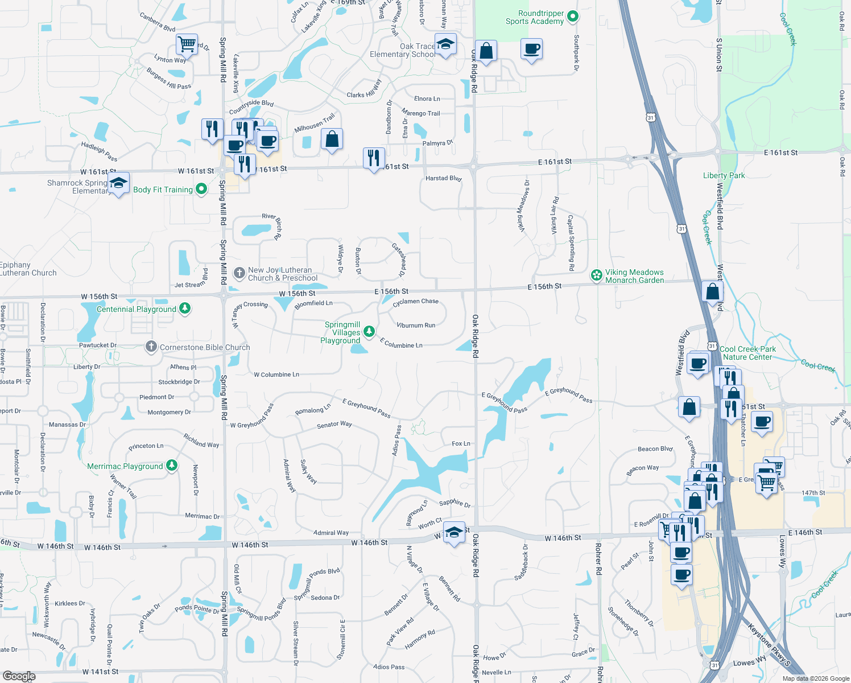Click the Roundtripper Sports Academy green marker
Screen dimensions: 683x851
tap(573, 17)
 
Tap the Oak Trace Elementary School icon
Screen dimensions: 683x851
tap(445, 44)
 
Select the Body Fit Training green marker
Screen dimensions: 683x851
tap(201, 189)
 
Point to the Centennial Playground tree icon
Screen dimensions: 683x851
tap(184, 308)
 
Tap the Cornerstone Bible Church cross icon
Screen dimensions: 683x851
tap(151, 346)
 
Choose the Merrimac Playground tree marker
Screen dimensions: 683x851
tap(171, 466)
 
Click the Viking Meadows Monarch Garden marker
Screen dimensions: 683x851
tap(596, 275)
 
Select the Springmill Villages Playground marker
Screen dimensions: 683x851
tap(369, 331)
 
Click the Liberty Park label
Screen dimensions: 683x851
tap(724, 175)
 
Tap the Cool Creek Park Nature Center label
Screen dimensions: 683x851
tap(747, 353)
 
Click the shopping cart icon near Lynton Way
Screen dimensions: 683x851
tap(187, 43)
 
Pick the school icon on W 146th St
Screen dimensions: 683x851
tap(454, 532)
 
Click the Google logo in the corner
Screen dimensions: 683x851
tap(19, 676)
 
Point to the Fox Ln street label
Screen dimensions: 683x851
tap(461, 443)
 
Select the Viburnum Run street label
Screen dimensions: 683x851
tap(415, 326)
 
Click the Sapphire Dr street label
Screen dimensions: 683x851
tap(455, 503)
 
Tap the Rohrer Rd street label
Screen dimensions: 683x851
tap(598, 558)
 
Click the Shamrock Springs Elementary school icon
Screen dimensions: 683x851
tap(118, 183)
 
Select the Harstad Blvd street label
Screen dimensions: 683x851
tap(443, 178)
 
